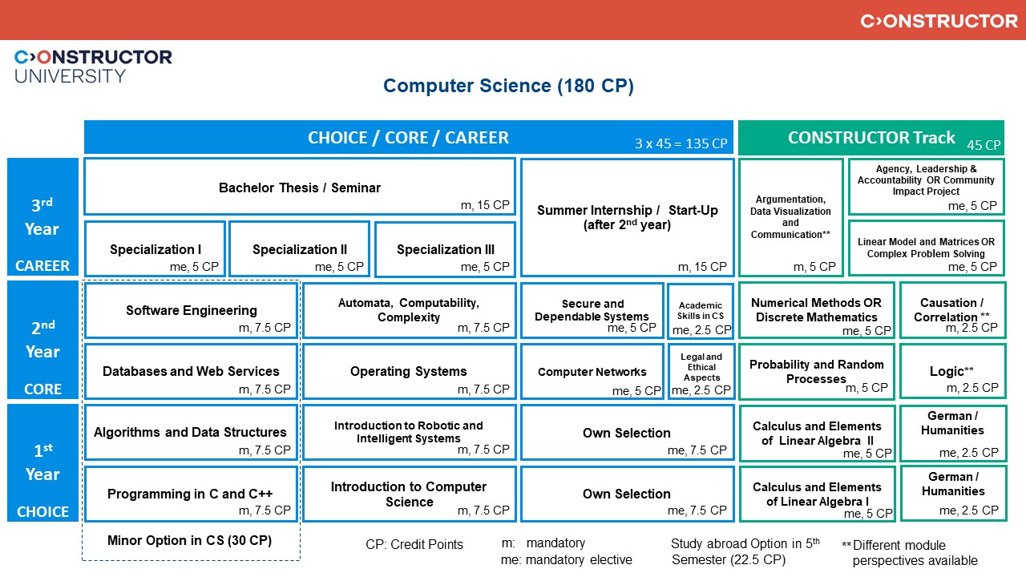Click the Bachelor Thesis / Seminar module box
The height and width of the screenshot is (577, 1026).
coord(299,187)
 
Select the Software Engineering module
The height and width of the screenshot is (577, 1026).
coord(191,310)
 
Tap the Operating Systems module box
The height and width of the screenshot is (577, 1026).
coord(409,371)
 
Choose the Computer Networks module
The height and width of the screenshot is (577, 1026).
coord(592,372)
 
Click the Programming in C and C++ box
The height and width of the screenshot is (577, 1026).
coord(191,494)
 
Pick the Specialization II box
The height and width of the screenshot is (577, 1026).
coord(300,249)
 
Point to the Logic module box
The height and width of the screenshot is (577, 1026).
coord(952,372)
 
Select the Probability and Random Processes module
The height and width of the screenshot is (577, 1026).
coord(816,372)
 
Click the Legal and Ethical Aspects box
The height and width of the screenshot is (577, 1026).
coord(701,371)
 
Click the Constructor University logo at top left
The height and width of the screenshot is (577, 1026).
coord(93,66)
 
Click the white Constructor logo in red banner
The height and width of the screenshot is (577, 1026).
coord(939,21)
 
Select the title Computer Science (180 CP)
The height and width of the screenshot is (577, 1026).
coord(508,87)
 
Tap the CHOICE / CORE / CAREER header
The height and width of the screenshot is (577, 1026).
coord(408,137)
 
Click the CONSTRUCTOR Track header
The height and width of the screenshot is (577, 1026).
coord(870,137)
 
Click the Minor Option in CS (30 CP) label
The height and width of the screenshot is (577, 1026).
coord(190,540)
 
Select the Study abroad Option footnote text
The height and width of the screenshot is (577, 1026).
coord(745,551)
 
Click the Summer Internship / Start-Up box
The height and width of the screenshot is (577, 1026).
coord(627,217)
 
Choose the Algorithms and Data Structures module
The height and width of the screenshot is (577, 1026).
coord(191,433)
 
